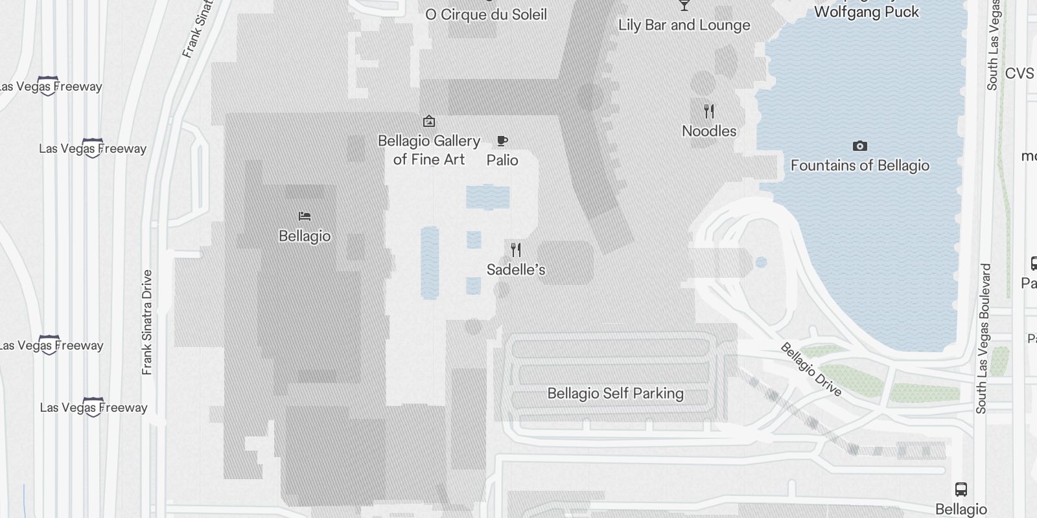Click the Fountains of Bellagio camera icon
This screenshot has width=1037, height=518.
(x=860, y=146)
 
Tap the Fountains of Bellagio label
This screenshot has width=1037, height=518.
(x=860, y=166)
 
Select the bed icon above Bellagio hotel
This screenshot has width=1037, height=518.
(x=305, y=216)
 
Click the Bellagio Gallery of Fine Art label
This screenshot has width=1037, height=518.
(x=429, y=150)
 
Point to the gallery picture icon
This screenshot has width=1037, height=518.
(x=428, y=121)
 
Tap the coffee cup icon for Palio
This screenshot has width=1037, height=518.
(x=502, y=141)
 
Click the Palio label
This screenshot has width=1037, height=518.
(x=502, y=160)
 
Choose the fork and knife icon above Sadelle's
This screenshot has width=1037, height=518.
(x=516, y=250)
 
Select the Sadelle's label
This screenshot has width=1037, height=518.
(x=516, y=269)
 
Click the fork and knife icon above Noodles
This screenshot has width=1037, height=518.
(x=709, y=111)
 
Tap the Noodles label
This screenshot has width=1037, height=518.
(x=709, y=131)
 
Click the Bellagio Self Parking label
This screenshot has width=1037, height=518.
(x=615, y=394)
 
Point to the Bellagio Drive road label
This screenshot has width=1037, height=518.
(x=811, y=370)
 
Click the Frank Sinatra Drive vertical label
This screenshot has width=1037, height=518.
(x=147, y=322)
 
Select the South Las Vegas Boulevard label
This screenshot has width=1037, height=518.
(x=984, y=338)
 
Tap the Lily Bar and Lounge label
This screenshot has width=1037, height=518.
(x=684, y=25)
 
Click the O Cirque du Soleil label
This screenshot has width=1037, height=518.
(x=486, y=14)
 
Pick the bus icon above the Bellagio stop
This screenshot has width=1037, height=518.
(x=961, y=490)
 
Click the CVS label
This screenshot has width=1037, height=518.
(x=1020, y=74)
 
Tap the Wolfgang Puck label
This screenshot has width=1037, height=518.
(x=867, y=12)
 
